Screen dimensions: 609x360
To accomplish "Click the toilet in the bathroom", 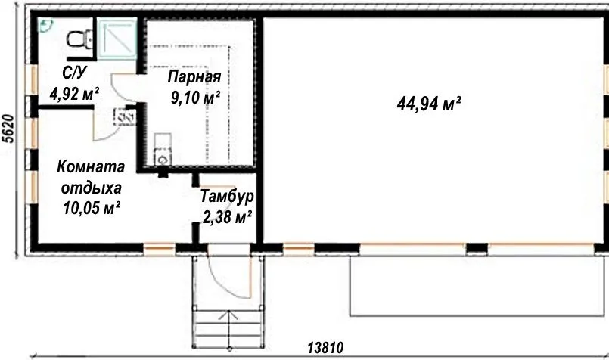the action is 79,39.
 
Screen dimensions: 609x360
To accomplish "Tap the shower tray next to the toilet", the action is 117,38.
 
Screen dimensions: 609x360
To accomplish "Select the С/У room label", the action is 74,73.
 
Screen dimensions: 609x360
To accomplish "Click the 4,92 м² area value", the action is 74,94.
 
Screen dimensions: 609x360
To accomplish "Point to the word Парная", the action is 194,77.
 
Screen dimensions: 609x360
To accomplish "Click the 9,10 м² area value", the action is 195,98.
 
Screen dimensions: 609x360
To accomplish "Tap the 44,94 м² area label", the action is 429,104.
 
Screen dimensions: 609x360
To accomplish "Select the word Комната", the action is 91,166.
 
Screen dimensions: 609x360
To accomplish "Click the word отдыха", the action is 92,188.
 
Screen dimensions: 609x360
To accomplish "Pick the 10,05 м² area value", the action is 92,209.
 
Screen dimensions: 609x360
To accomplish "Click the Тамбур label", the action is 227,197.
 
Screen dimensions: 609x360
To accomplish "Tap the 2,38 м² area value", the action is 227,217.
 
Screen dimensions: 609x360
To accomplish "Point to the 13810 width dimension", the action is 325,348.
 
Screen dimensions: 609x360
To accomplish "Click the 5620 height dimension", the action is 8,129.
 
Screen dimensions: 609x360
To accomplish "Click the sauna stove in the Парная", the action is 163,149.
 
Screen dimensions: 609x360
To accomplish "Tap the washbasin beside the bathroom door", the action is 125,116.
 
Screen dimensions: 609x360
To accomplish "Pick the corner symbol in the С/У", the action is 46,25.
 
